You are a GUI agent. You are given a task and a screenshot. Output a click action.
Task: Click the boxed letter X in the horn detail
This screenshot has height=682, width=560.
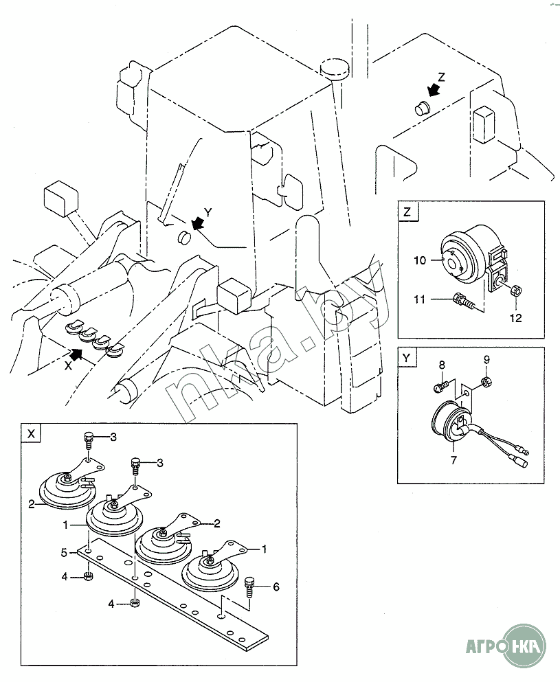tap(30, 434)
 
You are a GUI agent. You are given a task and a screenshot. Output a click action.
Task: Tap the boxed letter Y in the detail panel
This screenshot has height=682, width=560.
tap(407, 359)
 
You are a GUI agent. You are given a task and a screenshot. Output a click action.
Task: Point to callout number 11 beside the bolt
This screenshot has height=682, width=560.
tap(421, 299)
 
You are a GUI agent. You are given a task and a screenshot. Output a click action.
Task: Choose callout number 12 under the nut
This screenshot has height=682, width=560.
tap(515, 318)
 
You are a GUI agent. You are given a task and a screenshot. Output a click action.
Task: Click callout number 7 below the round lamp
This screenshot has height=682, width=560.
tap(453, 460)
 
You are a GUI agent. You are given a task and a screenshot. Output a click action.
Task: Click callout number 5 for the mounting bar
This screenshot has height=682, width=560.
tap(63, 552)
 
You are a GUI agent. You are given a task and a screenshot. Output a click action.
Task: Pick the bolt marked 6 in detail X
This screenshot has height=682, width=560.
tap(250, 586)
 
